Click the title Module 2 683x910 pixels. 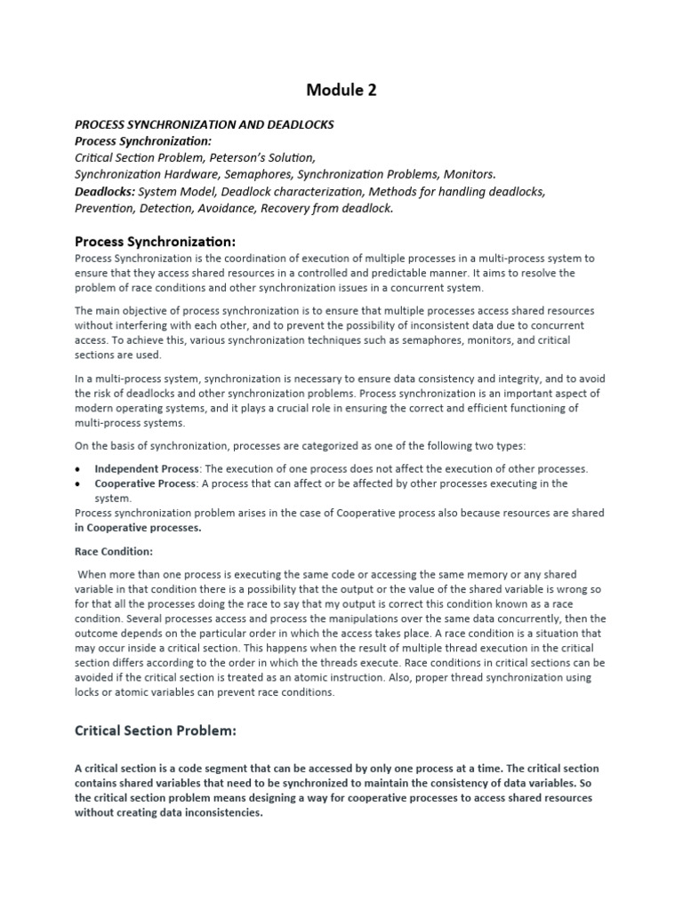click(x=341, y=90)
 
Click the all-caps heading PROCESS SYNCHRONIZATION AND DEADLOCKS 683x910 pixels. click(x=205, y=124)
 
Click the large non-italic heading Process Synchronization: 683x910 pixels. click(x=155, y=241)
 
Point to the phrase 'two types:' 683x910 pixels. click(x=508, y=445)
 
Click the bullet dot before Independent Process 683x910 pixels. click(x=80, y=468)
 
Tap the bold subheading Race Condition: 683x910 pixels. click(x=114, y=551)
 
